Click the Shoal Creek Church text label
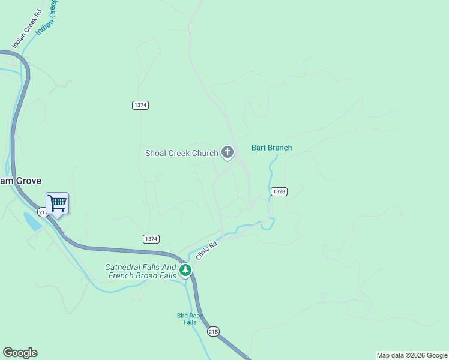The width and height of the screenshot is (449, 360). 181,153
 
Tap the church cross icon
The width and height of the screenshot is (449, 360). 228,152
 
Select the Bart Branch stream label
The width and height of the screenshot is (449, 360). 271,148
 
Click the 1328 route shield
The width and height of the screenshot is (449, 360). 279,191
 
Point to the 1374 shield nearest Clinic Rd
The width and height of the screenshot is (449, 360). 151,239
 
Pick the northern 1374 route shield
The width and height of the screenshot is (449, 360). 140,105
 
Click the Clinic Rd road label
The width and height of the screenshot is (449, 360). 205,247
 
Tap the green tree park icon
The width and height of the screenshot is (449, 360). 185,271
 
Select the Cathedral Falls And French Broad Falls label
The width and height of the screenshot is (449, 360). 141,272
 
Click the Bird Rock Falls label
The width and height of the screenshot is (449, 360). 190,319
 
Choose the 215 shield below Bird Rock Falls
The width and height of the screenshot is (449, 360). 213,331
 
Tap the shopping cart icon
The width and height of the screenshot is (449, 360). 57,203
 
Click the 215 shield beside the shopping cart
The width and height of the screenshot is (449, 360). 42,212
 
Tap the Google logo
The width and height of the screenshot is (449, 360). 20,353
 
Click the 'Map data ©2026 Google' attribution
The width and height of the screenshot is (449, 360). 412,355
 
